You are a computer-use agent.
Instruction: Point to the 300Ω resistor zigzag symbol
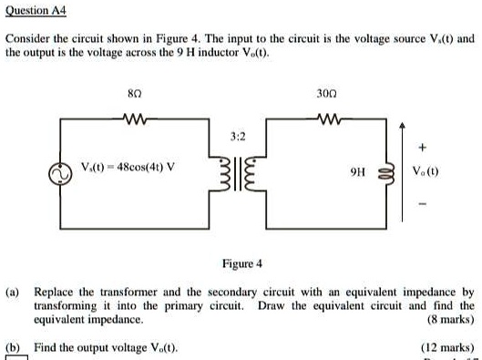(325, 118)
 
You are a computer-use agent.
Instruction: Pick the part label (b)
(15, 348)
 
